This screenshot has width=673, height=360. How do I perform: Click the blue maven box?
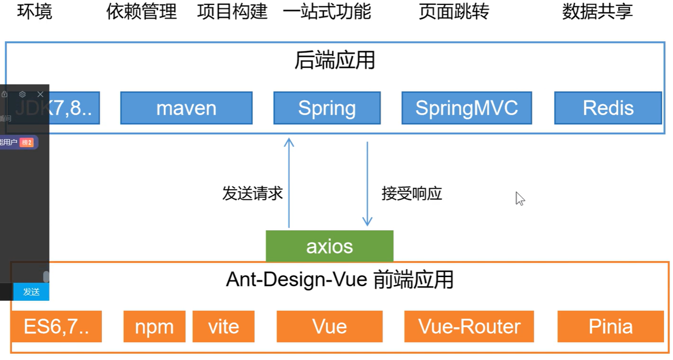(186, 108)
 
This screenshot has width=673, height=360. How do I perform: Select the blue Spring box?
(327, 108)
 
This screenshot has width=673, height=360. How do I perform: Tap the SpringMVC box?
(467, 108)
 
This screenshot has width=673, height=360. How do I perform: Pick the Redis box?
(608, 108)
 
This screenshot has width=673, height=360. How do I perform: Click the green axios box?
(329, 246)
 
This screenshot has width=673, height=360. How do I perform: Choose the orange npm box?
(154, 327)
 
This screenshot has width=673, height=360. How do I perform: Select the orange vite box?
(223, 327)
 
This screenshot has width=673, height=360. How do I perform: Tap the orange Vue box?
(329, 327)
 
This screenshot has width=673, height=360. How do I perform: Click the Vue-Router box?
(469, 327)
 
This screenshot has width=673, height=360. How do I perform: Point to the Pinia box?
(611, 327)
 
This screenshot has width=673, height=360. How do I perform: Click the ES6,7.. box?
(56, 327)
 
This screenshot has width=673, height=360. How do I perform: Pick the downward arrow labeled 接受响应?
(367, 185)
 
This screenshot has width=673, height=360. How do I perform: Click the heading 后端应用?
(334, 61)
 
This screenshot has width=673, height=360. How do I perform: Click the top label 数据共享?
(597, 11)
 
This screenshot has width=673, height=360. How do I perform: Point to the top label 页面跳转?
(453, 11)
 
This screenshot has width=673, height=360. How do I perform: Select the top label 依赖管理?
(141, 11)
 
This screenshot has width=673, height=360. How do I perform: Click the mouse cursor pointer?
(520, 199)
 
